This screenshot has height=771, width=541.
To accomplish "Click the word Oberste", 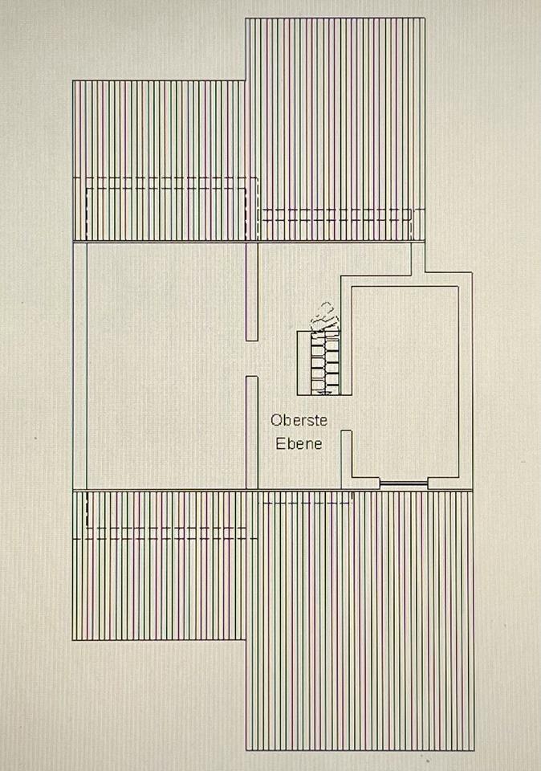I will pyautogui.click(x=299, y=420).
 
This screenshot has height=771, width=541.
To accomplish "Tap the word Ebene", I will pyautogui.click(x=299, y=443).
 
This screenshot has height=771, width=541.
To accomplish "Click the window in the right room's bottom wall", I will pyautogui.click(x=403, y=483).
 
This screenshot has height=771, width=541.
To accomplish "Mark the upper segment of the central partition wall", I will pyautogui.click(x=252, y=291).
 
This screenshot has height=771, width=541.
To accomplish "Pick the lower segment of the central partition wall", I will pyautogui.click(x=252, y=432).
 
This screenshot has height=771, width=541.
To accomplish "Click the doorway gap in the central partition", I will pyautogui.click(x=252, y=358).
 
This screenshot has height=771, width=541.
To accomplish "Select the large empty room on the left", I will pyautogui.click(x=165, y=365).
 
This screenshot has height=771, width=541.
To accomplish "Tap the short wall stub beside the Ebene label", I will pyautogui.click(x=347, y=458).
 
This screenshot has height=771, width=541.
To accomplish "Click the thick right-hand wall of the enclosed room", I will pyautogui.click(x=466, y=377).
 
